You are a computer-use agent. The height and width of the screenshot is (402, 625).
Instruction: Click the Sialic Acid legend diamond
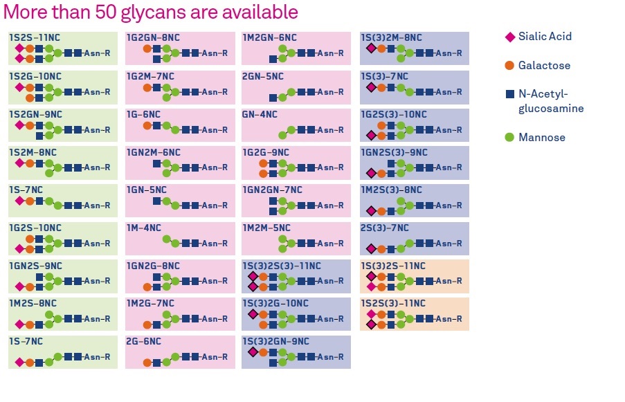pos(510,37)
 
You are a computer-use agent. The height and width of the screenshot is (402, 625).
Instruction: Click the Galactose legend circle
pos(510,66)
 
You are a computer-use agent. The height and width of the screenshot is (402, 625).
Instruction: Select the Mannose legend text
pos(542,138)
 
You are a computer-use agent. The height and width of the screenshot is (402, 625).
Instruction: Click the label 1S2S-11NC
pos(35,38)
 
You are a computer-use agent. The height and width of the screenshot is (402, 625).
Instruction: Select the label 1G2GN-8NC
pos(153,38)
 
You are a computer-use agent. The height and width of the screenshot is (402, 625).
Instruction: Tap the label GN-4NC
pos(260,114)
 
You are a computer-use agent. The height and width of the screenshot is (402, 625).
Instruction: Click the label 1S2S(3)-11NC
pos(393,304)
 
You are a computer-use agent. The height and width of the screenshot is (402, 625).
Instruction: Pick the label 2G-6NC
pos(143,342)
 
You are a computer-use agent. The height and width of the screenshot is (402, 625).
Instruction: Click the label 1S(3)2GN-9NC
pos(275,342)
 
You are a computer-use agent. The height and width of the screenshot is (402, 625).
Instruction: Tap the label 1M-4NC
pos(143,228)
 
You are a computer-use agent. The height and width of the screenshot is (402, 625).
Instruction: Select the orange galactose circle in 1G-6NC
pos(147,125)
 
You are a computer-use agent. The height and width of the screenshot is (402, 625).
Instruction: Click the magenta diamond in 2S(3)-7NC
pos(371,248)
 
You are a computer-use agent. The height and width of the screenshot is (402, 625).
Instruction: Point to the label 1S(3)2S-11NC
pos(393,266)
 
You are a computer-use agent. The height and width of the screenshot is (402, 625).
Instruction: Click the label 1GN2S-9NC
pos(35,266)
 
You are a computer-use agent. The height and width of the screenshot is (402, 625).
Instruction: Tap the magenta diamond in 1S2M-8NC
pos(19,163)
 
